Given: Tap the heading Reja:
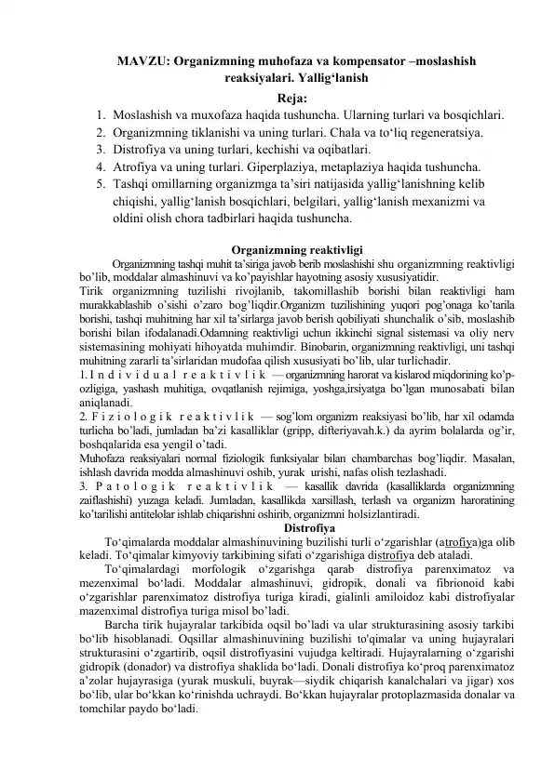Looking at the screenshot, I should pyautogui.click(x=296, y=97).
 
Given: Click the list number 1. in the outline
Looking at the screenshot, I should pyautogui.click(x=101, y=115).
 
